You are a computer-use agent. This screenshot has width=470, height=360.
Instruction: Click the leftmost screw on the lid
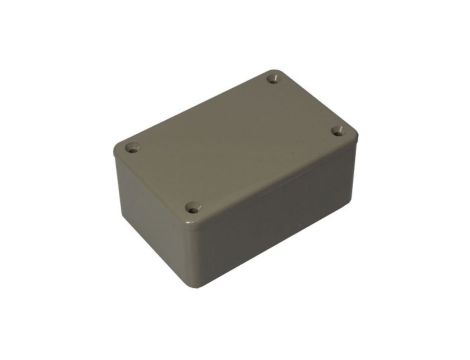pos(131,148)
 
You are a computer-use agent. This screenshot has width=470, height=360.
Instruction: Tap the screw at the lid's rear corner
pos(273,76)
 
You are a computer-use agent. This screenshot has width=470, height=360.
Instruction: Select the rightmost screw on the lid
pos(337,130)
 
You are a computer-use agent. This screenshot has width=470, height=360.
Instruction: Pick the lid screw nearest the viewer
pos(193,209)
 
